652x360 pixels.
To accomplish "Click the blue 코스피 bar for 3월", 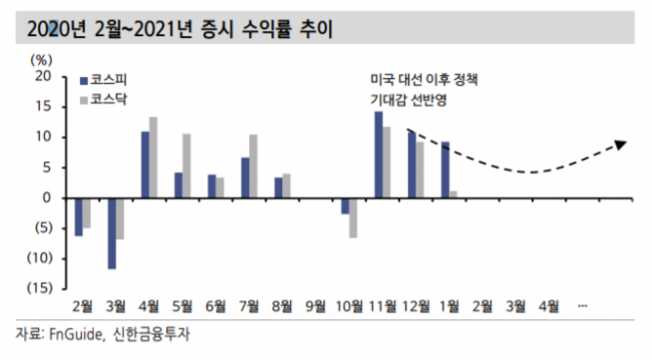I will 113,233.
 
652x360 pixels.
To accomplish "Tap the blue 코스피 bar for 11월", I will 379,155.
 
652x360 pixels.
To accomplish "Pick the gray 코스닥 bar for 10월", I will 353,217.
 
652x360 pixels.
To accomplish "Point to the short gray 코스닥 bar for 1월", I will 454,194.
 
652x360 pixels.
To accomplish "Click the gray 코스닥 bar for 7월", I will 253,167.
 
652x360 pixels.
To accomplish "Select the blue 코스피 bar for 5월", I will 178,184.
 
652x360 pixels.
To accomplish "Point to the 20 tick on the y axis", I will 41,76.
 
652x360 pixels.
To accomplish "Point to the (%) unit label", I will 42,60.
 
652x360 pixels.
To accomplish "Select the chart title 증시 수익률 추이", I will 280,23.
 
